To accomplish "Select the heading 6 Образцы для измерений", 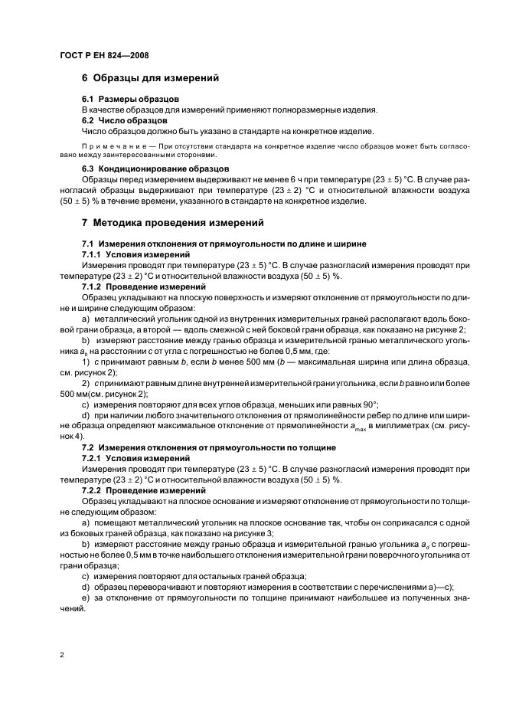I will [150, 78].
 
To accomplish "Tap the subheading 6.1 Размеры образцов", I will [130, 100].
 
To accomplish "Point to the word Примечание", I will [112, 146].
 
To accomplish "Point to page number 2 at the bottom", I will [61, 655].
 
